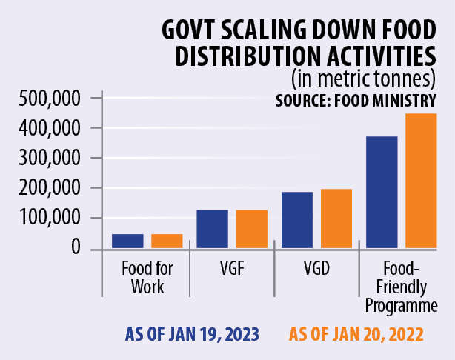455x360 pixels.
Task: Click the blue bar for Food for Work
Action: click(127, 241)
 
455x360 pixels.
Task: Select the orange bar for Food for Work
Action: click(167, 241)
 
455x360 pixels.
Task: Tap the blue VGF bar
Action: click(212, 229)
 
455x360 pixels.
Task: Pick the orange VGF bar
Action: click(251, 229)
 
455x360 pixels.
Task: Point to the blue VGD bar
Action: click(296, 220)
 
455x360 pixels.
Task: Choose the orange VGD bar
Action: click(336, 219)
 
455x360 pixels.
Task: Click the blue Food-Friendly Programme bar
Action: click(382, 193)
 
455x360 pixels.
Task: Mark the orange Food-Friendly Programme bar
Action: click(421, 181)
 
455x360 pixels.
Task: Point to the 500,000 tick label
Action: click(47, 98)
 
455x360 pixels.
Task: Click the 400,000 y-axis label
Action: click(47, 128)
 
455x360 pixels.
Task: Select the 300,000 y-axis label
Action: click(47, 158)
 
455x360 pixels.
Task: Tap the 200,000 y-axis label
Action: click(47, 188)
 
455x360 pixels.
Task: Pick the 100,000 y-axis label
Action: click(47, 219)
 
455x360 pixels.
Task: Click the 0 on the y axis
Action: click(76, 248)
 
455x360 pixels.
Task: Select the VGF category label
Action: click(232, 270)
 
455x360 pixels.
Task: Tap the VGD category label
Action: click(316, 270)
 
